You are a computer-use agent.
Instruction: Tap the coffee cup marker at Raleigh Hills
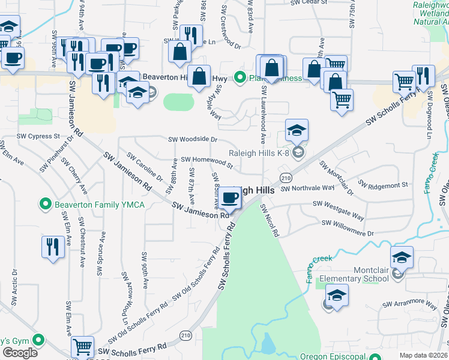point(229,197)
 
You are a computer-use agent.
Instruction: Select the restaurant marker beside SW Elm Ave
point(53,247)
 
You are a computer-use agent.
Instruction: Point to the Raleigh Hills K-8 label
point(259,153)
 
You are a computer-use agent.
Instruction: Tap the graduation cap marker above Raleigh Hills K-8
point(296,130)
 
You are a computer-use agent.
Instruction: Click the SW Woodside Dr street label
point(192,139)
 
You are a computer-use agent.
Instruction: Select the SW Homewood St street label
point(206,160)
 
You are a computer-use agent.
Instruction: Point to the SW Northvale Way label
point(307,188)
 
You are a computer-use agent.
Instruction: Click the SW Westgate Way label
point(339,210)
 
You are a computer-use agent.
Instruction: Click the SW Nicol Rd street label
point(270,220)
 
